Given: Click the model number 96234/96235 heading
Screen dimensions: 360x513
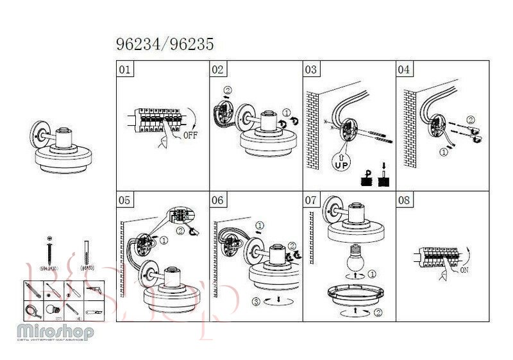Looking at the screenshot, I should tap(165, 44).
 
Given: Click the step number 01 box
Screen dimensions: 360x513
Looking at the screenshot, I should tap(125, 69).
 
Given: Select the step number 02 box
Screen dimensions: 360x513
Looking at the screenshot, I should tap(218, 69).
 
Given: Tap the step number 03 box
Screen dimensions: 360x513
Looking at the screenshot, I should tap(311, 69).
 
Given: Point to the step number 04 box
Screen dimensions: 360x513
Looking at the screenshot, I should tap(405, 69).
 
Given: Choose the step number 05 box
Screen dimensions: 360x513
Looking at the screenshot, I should tap(125, 200).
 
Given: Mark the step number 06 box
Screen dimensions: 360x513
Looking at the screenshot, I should tap(218, 200).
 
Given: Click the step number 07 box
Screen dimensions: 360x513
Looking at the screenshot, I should tap(311, 200).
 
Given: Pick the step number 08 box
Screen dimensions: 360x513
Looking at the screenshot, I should tap(404, 200).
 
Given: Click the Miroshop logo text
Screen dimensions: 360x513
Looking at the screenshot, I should tap(56, 332).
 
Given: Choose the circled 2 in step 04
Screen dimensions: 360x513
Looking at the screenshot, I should tap(470, 120).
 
